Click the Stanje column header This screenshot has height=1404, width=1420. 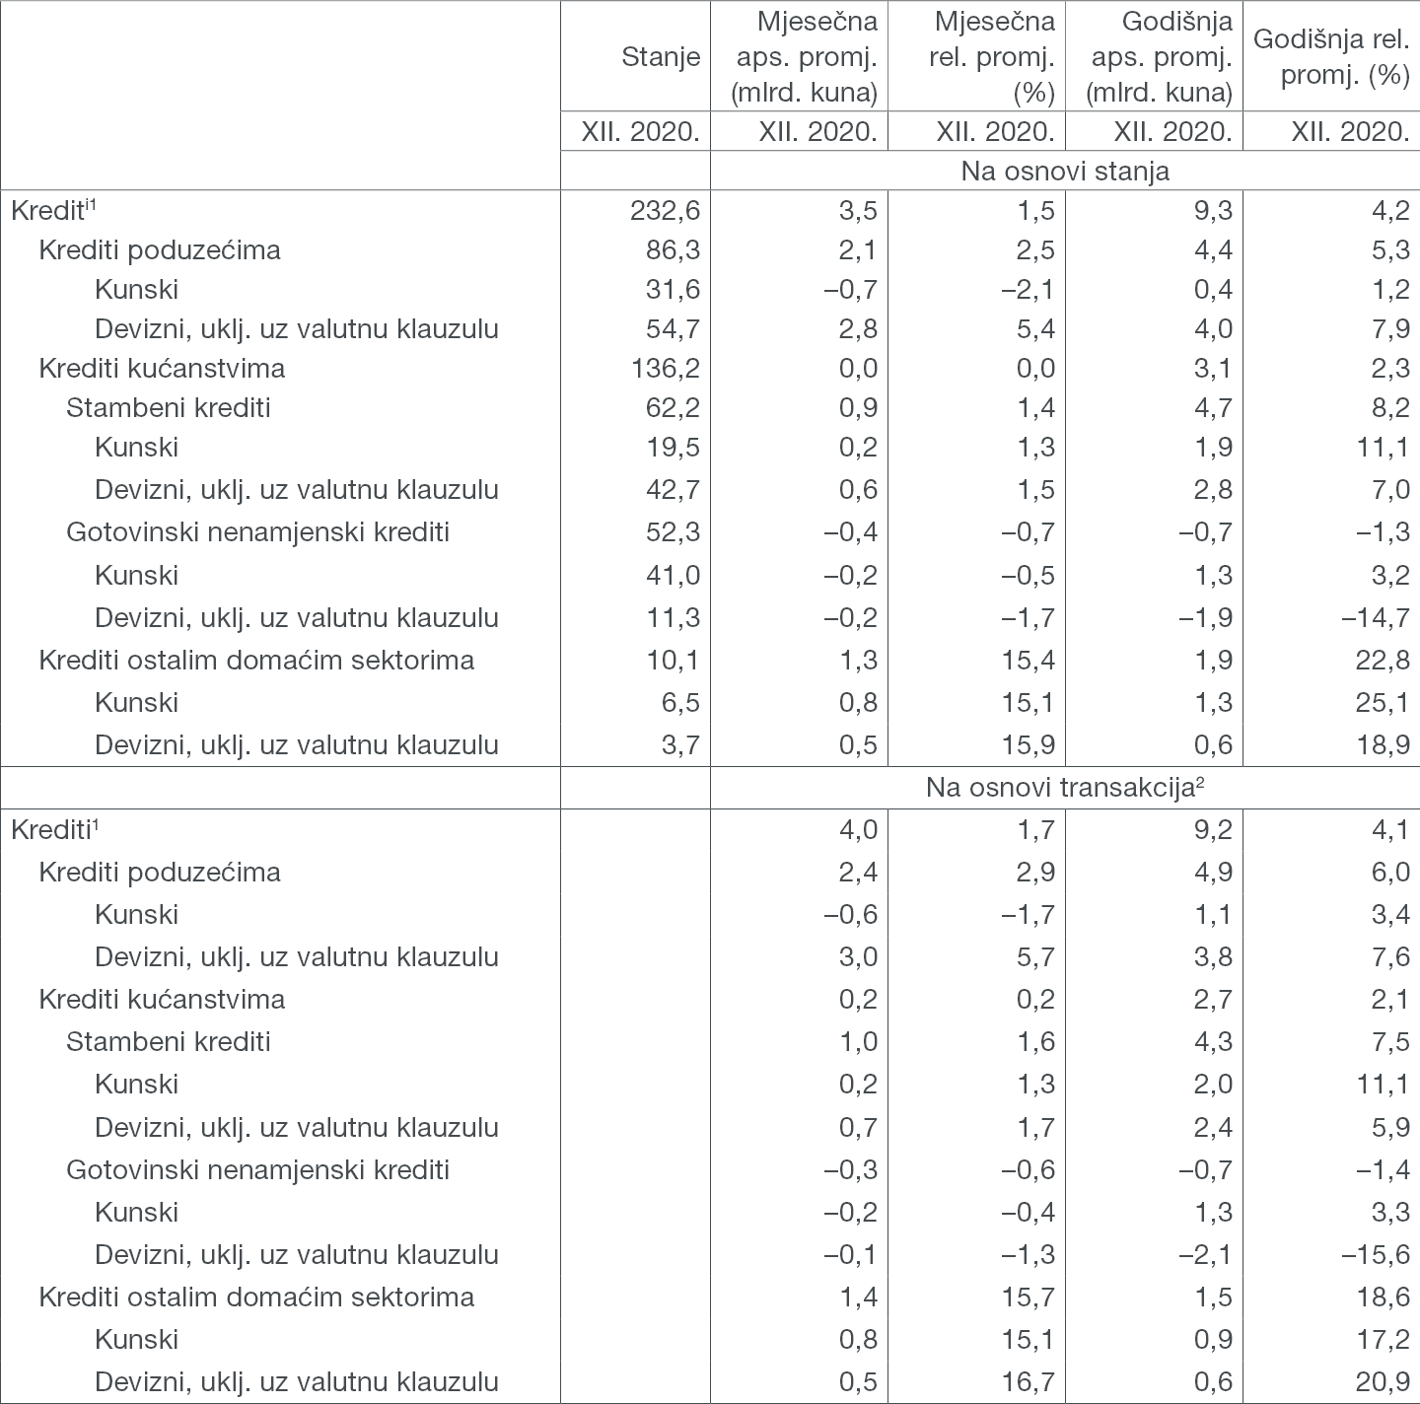(661, 57)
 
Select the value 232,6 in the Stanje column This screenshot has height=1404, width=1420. (666, 210)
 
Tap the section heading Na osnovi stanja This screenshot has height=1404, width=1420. (1065, 171)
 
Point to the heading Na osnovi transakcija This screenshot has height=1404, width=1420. (1065, 788)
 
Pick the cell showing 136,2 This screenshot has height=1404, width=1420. (666, 369)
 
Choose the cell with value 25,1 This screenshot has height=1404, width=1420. (1382, 703)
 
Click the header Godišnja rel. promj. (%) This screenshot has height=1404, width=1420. (1331, 57)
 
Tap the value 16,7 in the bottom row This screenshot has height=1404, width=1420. (1029, 1382)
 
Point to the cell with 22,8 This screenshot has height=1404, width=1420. (1382, 661)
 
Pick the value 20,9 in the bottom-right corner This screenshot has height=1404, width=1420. (1382, 1382)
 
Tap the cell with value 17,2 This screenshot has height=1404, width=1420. (1382, 1340)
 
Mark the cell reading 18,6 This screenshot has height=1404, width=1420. (1382, 1298)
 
